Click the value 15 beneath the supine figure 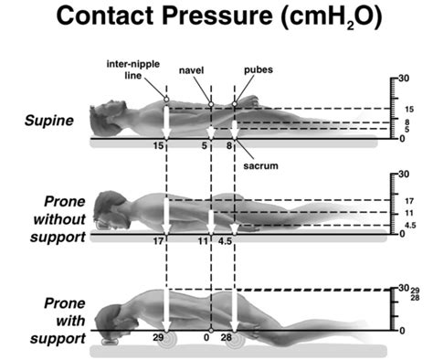click(159, 145)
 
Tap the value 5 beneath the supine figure click(206, 145)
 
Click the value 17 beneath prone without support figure click(159, 241)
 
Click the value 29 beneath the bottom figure click(159, 338)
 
